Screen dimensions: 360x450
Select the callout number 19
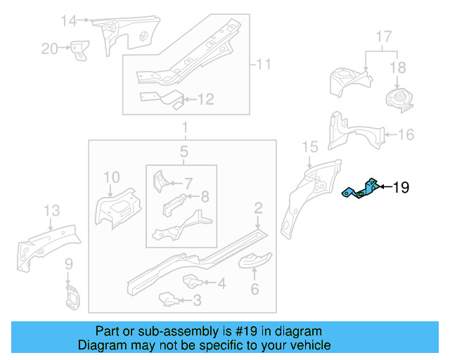(x=400, y=188)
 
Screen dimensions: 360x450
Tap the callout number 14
(x=67, y=20)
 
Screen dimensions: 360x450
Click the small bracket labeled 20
(x=79, y=49)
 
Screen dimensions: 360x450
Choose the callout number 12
(x=205, y=100)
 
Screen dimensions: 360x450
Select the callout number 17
(x=383, y=36)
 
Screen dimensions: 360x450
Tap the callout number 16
(x=406, y=134)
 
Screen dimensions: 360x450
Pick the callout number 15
(x=310, y=146)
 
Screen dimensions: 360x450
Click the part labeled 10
(x=117, y=208)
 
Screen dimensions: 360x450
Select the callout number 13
(x=52, y=210)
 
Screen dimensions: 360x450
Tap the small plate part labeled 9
(x=70, y=296)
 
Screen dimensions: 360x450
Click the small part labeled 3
(x=169, y=300)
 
